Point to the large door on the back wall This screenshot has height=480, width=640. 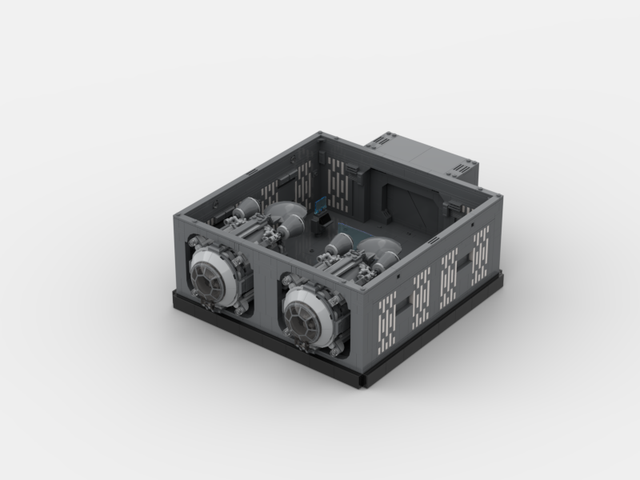coord(398,201)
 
